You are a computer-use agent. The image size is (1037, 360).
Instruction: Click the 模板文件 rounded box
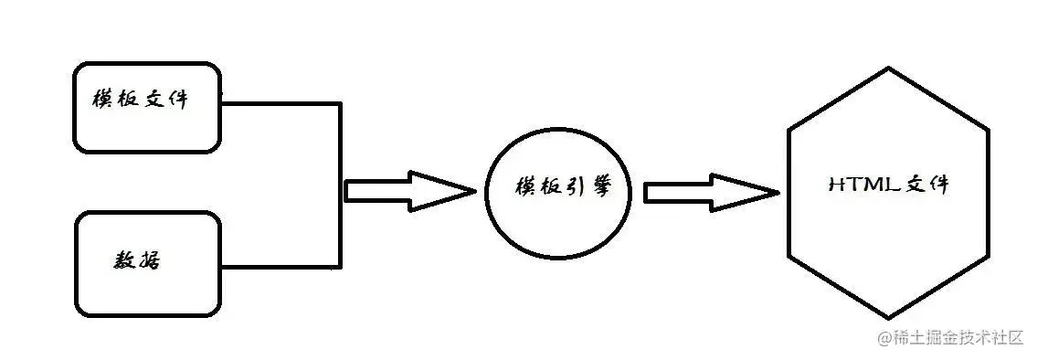click(x=146, y=108)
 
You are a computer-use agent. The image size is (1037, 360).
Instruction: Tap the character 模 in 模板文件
click(x=101, y=100)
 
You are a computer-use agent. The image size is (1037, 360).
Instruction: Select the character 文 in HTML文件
click(x=915, y=185)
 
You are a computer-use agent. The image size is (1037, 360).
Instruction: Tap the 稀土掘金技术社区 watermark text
click(x=958, y=338)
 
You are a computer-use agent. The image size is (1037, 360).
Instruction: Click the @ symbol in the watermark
click(x=884, y=338)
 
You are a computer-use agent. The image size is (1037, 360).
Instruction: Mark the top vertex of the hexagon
click(x=888, y=70)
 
